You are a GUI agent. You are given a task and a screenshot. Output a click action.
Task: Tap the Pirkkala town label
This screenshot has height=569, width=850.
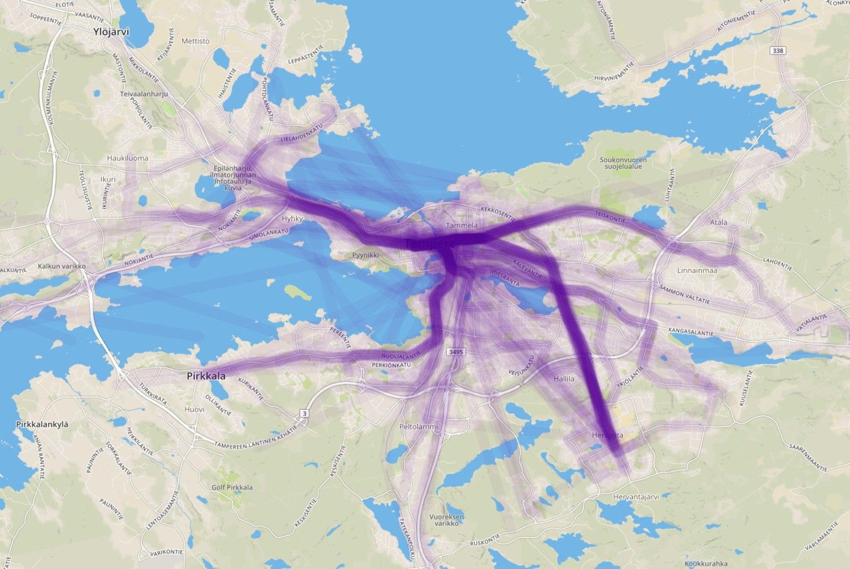click(206, 376)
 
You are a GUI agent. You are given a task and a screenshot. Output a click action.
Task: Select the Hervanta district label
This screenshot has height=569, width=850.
click(607, 436)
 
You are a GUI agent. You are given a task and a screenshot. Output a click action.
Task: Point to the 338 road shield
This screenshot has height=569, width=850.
click(777, 50)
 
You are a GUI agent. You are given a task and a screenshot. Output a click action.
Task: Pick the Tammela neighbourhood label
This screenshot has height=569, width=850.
click(461, 225)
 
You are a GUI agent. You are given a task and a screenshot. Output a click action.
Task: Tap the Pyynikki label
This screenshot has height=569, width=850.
click(366, 256)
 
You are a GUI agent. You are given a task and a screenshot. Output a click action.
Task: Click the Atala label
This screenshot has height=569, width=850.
click(718, 222)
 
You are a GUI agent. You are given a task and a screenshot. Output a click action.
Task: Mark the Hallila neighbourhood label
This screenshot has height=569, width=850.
click(564, 379)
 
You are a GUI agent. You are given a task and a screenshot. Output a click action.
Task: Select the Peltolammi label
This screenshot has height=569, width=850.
click(418, 427)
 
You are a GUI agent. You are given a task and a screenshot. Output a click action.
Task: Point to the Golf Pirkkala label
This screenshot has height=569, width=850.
click(232, 487)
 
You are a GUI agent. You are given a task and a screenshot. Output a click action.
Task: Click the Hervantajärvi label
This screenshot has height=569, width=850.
click(636, 496)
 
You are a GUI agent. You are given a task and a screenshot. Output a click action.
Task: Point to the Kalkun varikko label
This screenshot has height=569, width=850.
click(61, 266)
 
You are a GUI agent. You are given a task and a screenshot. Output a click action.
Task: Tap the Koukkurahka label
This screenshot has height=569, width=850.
click(706, 563)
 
